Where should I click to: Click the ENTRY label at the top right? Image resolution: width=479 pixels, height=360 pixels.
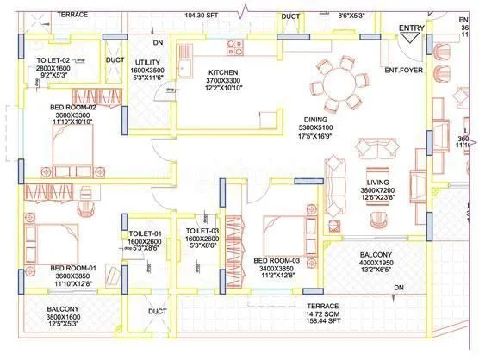coord(411,28)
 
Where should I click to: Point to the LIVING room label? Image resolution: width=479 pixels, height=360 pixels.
coord(376,183)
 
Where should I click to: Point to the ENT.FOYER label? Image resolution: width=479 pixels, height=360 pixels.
coord(402,69)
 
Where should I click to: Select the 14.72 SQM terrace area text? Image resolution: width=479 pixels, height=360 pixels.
coord(322,317)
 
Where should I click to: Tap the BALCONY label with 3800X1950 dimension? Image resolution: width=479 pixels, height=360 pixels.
coord(376,255)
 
